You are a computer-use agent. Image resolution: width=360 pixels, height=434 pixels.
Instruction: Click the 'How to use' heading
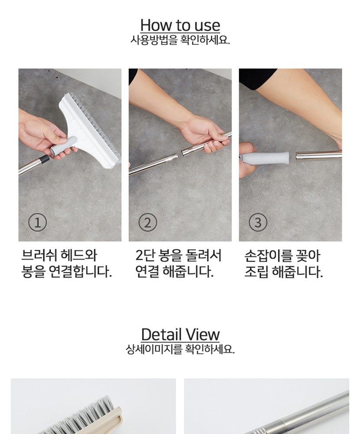click(180, 26)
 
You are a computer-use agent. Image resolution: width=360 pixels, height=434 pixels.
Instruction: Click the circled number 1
click(37, 223)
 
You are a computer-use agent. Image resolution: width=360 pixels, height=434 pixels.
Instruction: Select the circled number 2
click(147, 223)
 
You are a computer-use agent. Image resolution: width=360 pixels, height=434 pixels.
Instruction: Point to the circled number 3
click(258, 223)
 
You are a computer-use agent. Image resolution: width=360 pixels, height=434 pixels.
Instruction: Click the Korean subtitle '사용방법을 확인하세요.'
click(180, 40)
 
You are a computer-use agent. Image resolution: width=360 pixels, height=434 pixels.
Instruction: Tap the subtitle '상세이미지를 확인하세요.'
click(180, 349)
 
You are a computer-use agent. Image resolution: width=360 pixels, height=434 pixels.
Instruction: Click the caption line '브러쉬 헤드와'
click(59, 255)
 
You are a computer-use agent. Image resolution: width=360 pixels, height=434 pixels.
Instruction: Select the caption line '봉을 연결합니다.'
click(67, 272)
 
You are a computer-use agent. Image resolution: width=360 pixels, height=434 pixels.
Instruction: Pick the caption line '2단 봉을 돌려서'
click(178, 255)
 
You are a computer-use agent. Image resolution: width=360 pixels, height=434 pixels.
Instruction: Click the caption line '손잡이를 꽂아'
click(282, 256)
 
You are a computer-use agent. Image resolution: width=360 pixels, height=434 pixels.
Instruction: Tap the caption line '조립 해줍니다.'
click(284, 272)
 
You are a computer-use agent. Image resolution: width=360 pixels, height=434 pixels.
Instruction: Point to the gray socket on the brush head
click(64, 146)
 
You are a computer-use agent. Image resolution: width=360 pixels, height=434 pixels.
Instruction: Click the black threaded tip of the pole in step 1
click(44, 159)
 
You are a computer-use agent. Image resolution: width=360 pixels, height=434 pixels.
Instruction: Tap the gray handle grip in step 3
click(265, 158)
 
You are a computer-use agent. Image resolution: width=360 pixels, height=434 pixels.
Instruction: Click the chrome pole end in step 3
click(318, 155)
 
